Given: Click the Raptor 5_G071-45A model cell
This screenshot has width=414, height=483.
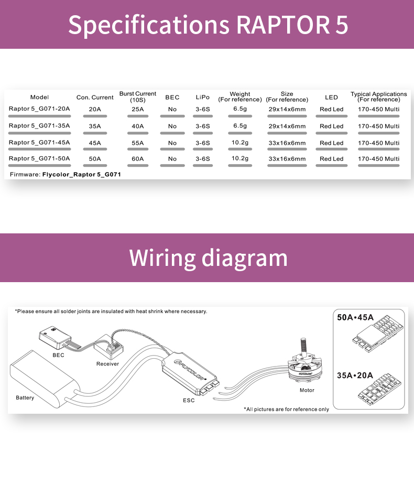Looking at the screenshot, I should pos(39,142).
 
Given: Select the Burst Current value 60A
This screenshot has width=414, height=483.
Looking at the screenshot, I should pos(137,158).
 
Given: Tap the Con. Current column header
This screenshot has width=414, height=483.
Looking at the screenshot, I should pos(95,97).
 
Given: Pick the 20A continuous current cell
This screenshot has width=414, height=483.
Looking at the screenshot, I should pos(95,109).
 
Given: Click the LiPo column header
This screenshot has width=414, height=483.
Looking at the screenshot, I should pos(202,97).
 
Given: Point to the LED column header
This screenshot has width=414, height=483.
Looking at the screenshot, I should pos(331,97).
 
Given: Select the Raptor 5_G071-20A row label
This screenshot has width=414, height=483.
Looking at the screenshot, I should pos(39,109).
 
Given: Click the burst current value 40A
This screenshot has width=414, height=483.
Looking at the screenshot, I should pos(137,126).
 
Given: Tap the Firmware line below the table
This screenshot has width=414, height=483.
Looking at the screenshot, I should pos(65,174).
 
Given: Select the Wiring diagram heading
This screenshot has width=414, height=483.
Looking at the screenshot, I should pos(208,257).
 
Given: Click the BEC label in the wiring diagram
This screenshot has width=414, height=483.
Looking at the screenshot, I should pos(58,355).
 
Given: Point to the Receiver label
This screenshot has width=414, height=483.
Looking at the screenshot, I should pos(107,363).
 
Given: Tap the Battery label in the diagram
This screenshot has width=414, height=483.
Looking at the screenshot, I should pos(25,398).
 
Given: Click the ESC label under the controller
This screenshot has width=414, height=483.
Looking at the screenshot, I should pos(189,400).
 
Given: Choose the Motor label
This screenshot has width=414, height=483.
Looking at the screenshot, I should pos(307,390).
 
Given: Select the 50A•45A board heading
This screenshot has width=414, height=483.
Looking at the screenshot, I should pos(355,317).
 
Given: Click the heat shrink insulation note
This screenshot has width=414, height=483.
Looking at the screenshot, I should pos(111,311).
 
